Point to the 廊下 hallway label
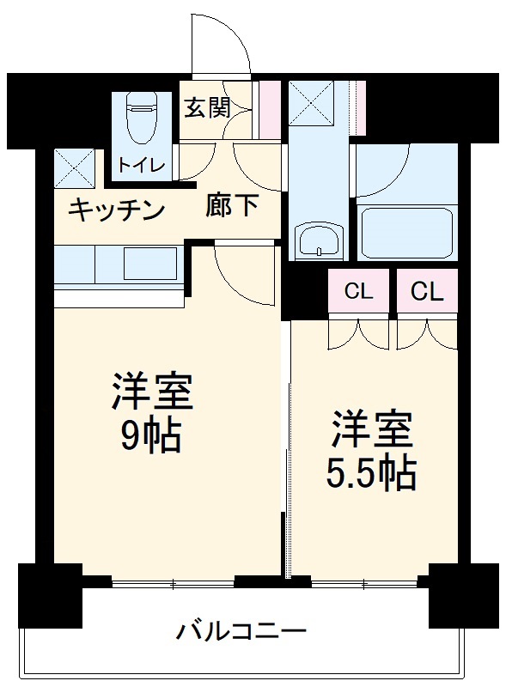pos(232,206)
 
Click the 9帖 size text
pos(151,437)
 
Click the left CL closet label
pos(359,292)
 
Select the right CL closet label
pos(427,292)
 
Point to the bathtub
pos(405,232)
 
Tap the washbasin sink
pos(319,240)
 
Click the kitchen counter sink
pos(150,263)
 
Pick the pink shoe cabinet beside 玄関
pos(270,109)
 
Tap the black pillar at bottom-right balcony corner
pos(463,595)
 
